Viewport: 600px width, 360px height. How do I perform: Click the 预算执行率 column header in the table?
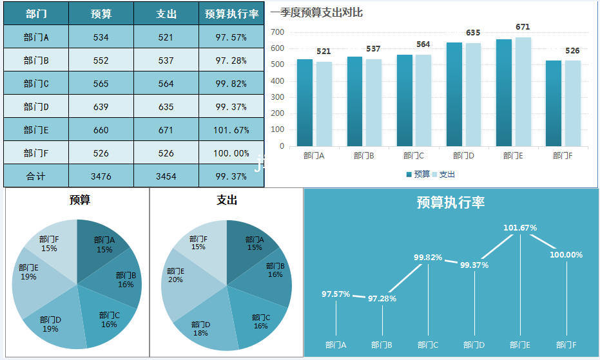pyautogui.click(x=231, y=14)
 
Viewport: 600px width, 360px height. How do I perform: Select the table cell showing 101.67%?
pyautogui.click(x=231, y=130)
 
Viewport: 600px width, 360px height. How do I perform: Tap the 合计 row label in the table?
pyautogui.click(x=36, y=176)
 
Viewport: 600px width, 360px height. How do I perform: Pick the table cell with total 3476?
pyautogui.click(x=101, y=176)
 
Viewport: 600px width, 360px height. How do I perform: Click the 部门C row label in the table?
pyautogui.click(x=36, y=84)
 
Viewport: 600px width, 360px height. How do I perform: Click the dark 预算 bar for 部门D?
pyautogui.click(x=454, y=94)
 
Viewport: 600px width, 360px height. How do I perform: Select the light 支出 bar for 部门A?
pyautogui.click(x=324, y=104)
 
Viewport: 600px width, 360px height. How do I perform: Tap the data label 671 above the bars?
pyautogui.click(x=523, y=27)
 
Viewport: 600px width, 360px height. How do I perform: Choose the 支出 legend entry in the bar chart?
pyautogui.click(x=443, y=175)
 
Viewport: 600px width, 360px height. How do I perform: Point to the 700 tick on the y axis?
pyautogui.click(x=278, y=32)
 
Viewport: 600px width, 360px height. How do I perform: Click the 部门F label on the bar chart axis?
pyautogui.click(x=563, y=156)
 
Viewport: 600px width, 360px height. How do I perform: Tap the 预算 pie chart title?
pyautogui.click(x=80, y=200)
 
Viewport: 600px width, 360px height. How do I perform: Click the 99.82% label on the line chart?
pyautogui.click(x=428, y=258)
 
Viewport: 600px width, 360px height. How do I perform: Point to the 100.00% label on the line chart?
pyautogui.click(x=566, y=255)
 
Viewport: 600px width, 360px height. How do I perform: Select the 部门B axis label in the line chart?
pyautogui.click(x=382, y=345)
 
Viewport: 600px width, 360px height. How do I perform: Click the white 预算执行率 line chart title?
pyautogui.click(x=450, y=203)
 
